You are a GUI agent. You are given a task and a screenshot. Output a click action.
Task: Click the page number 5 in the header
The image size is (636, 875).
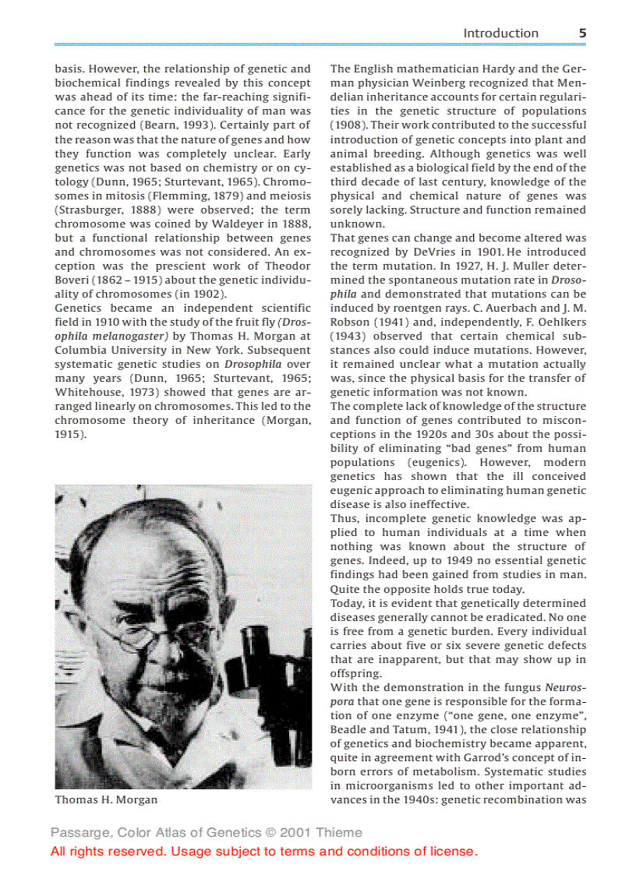582,33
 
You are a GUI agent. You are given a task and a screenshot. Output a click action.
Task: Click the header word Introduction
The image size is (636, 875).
500,33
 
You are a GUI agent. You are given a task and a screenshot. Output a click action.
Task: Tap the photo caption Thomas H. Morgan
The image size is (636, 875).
106,800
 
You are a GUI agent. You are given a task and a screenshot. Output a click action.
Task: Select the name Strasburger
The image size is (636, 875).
94,210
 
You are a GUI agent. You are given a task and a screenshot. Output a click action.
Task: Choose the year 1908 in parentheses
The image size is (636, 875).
346,125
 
